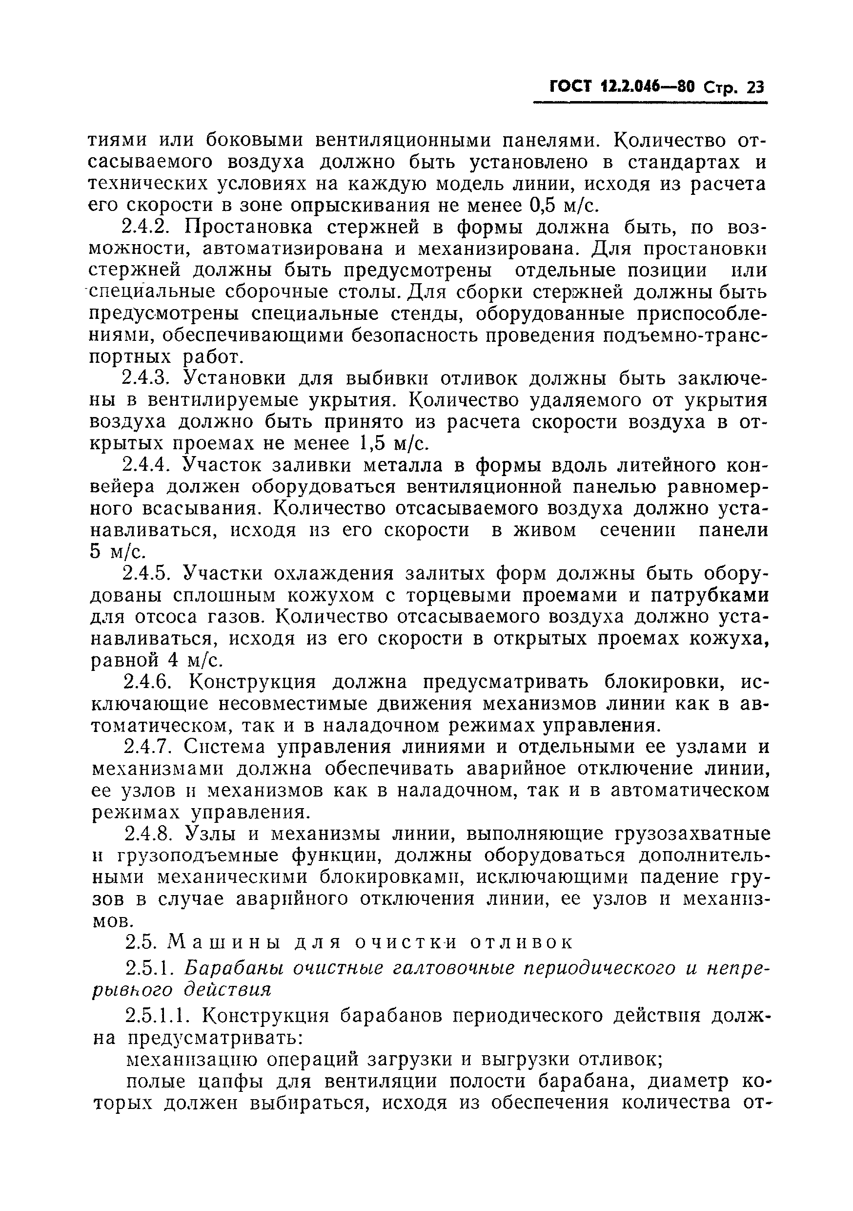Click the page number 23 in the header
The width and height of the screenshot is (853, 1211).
pos(755,87)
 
